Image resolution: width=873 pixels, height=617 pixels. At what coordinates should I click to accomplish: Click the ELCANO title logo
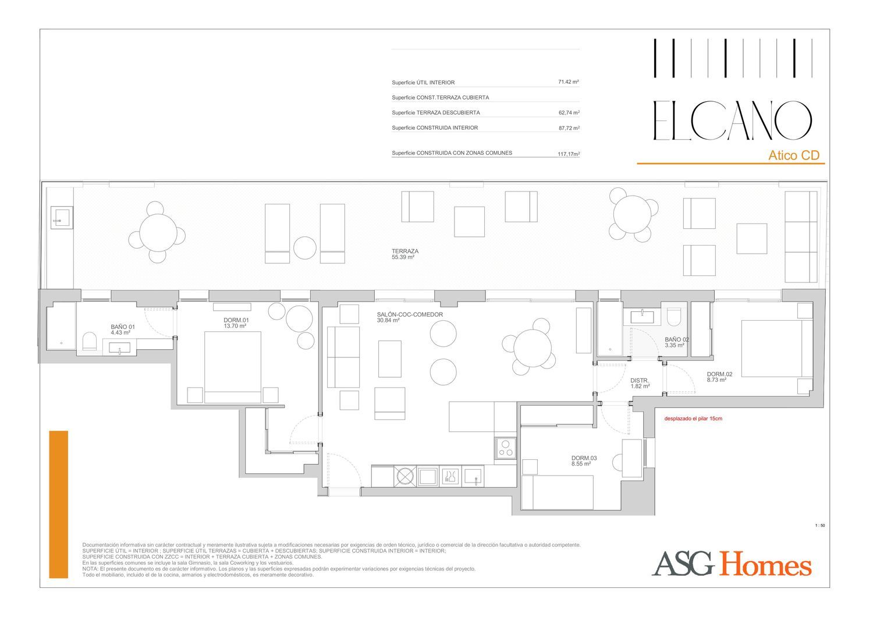pyautogui.click(x=732, y=120)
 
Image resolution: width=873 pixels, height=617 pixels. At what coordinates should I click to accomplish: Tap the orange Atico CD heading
pyautogui.click(x=794, y=155)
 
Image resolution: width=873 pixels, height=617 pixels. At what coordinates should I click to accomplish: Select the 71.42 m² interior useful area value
pyautogui.click(x=568, y=82)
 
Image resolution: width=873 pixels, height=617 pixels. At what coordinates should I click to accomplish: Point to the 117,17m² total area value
pyautogui.click(x=569, y=154)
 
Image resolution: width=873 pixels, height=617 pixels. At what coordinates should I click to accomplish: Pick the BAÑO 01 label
pyautogui.click(x=123, y=327)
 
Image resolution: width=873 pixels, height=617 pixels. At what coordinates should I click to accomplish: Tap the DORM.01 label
pyautogui.click(x=236, y=320)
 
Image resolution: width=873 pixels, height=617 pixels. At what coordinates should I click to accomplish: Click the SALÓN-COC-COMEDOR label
pyautogui.click(x=410, y=314)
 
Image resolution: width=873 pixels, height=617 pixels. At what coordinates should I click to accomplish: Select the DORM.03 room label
pyautogui.click(x=584, y=458)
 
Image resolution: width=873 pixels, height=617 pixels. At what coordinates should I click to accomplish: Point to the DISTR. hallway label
pyautogui.click(x=640, y=381)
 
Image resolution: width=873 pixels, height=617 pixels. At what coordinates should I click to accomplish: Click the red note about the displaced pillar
pyautogui.click(x=693, y=419)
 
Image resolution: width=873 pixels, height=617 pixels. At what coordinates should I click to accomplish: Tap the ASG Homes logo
pyautogui.click(x=732, y=563)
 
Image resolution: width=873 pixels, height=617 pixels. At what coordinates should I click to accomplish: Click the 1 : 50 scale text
pyautogui.click(x=820, y=526)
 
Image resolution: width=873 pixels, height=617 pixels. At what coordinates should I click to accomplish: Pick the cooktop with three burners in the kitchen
pyautogui.click(x=506, y=448)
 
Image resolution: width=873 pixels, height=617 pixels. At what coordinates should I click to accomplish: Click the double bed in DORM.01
pyautogui.click(x=233, y=367)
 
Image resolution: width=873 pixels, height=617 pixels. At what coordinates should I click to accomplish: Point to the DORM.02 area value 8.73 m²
pyautogui.click(x=716, y=380)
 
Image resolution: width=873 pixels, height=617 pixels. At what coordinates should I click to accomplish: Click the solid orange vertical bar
pyautogui.click(x=58, y=504)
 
